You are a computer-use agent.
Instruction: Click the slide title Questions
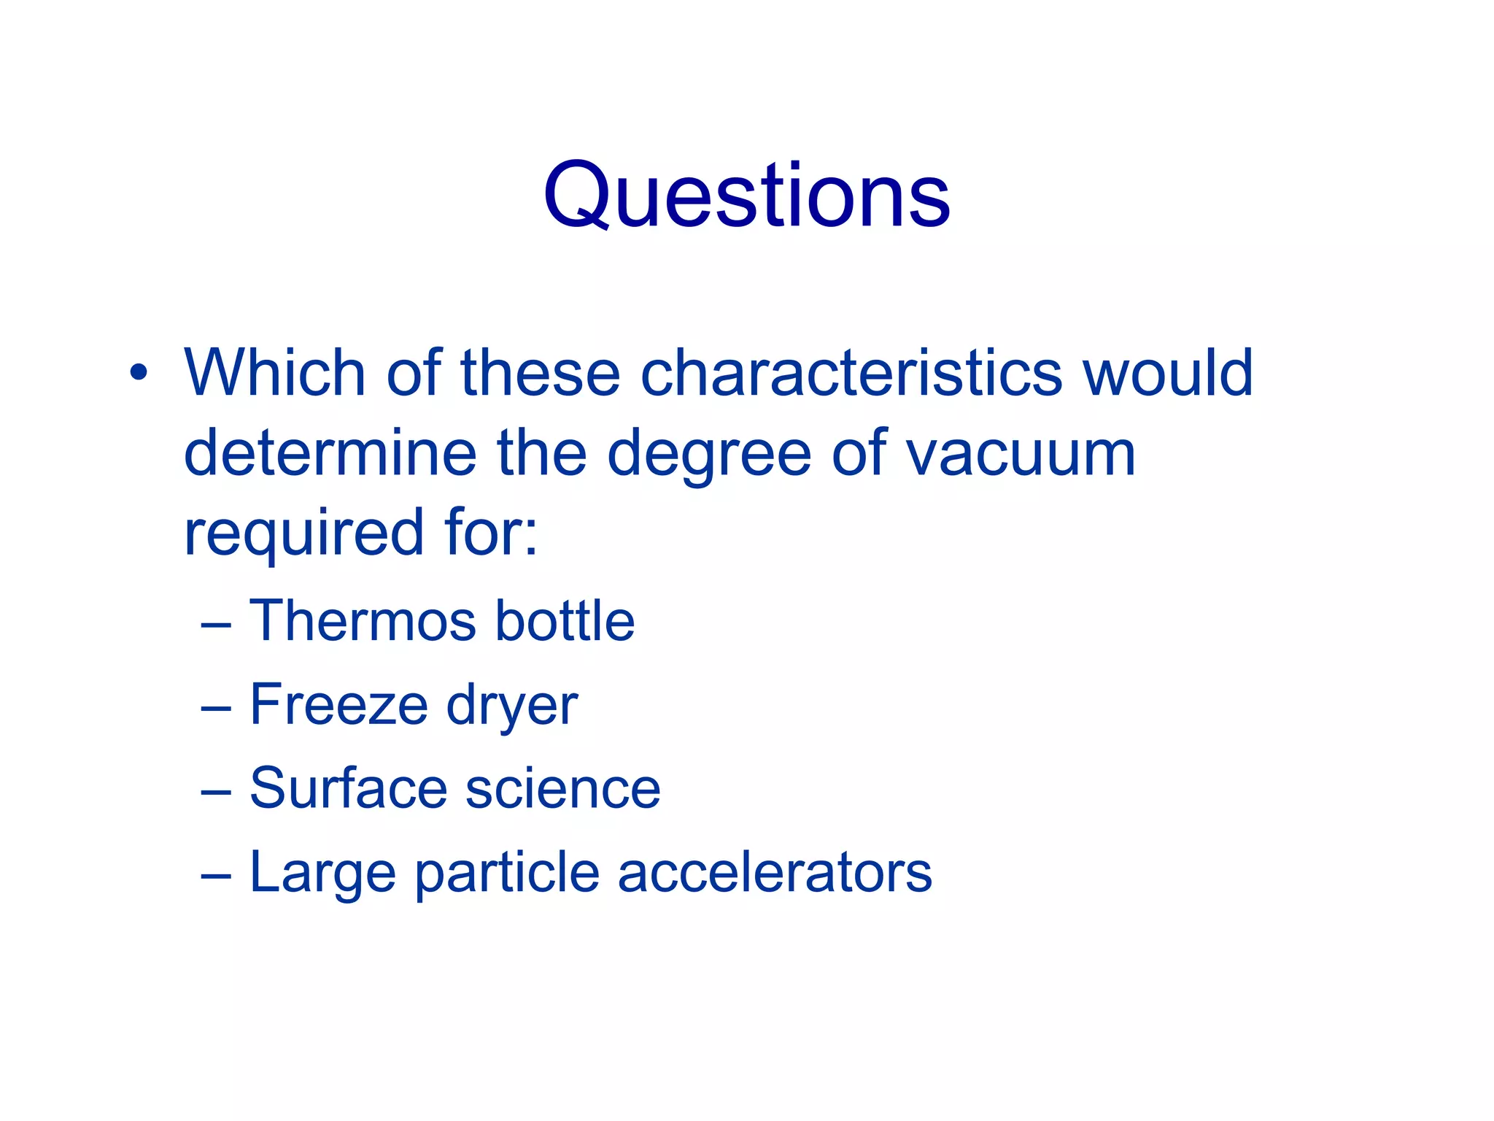[x=746, y=196]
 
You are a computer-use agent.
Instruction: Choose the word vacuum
[x=1021, y=454]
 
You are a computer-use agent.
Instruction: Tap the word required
[x=303, y=533]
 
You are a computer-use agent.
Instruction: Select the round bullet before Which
[x=138, y=373]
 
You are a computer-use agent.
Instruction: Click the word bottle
[x=565, y=621]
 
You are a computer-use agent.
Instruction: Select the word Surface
[x=348, y=788]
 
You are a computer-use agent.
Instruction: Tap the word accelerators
[x=775, y=872]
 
